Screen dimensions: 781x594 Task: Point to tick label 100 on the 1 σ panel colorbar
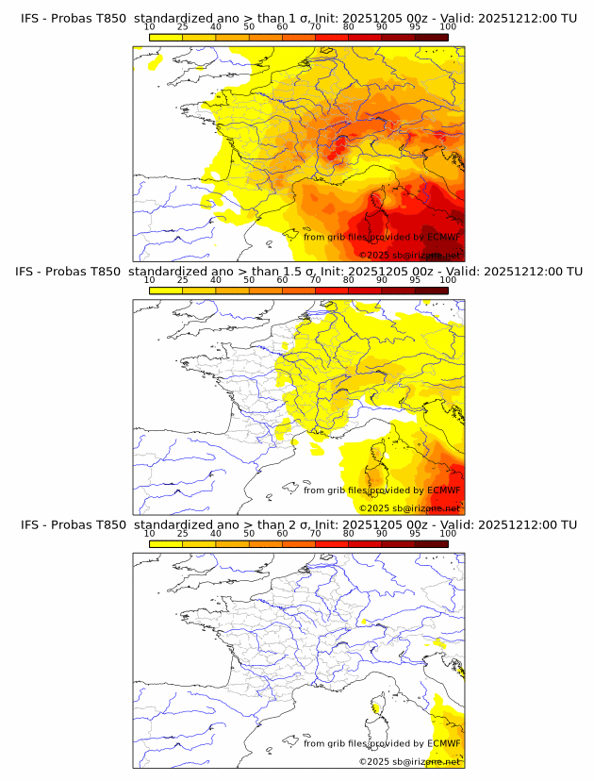tap(448, 28)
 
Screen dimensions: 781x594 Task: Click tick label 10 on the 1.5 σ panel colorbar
tap(150, 281)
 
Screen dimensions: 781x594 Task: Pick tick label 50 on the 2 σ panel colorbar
tap(249, 534)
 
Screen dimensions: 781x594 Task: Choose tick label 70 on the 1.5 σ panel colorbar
tap(315, 281)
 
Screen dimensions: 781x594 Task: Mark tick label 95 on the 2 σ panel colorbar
tap(415, 534)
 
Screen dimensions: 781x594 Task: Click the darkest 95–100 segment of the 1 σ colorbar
tap(431, 37)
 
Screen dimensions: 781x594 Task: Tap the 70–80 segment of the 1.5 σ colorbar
tap(332, 291)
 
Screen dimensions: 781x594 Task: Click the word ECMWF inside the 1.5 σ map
tap(443, 490)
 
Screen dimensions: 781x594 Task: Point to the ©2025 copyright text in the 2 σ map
tap(371, 760)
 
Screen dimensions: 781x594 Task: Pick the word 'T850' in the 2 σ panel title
tap(107, 524)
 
